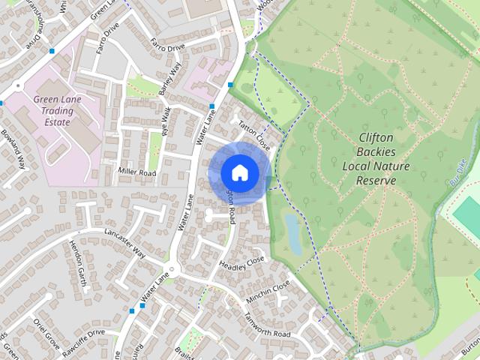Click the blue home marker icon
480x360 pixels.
tap(238, 172)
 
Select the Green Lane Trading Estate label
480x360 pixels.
tap(57, 110)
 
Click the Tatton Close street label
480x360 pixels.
tap(253, 133)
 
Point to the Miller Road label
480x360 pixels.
tap(136, 172)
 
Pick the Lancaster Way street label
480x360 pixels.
tap(124, 242)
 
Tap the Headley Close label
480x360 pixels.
tap(242, 262)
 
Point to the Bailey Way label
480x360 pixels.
tap(170, 79)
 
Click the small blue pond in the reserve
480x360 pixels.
tap(293, 232)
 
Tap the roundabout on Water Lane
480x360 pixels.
tap(172, 268)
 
